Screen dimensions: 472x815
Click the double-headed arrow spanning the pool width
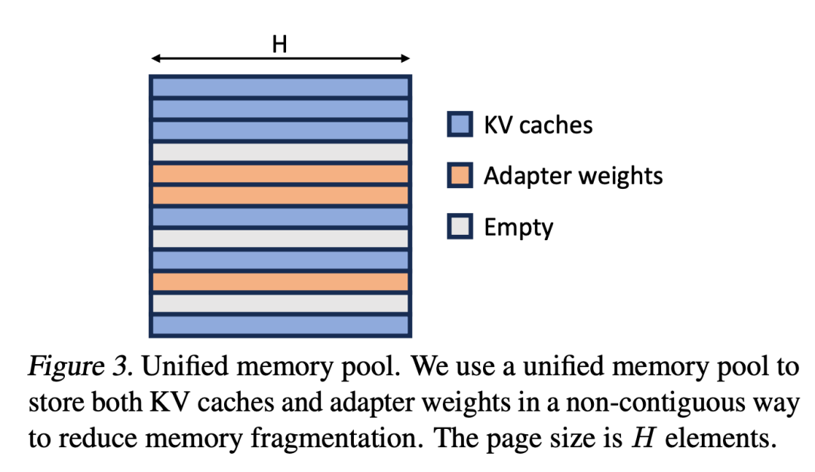coord(279,59)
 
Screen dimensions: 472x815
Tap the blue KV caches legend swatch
coord(460,125)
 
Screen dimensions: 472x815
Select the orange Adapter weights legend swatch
coord(460,176)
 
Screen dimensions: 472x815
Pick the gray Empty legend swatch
coord(460,227)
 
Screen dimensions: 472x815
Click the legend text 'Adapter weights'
coord(573,176)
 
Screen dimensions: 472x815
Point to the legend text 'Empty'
coord(518,227)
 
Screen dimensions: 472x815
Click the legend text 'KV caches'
coord(538,125)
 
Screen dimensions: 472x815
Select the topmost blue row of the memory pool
coord(280,87)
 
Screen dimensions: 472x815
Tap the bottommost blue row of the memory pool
coord(280,325)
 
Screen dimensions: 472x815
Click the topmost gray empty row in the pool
coord(280,152)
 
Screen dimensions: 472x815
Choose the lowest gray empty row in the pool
coord(280,304)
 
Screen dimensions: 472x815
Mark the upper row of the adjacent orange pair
coord(280,174)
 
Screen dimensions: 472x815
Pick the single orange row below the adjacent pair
coord(280,282)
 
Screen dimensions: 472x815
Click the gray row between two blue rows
coord(280,239)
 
